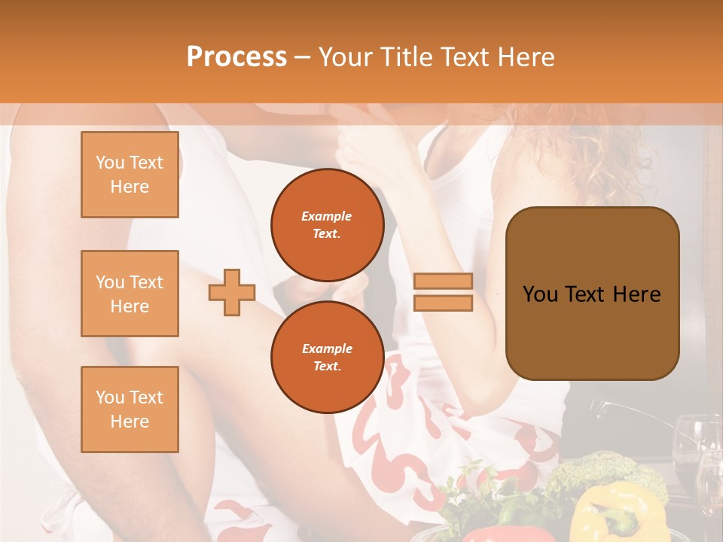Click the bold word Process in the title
coord(236,56)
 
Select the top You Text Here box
coord(130,175)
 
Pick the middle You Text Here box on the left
coord(130,294)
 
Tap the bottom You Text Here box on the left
coord(130,409)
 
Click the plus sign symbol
coord(232,292)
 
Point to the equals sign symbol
coord(443,292)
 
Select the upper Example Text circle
coord(328,224)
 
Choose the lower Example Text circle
coord(328,357)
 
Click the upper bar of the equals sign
coord(443,282)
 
